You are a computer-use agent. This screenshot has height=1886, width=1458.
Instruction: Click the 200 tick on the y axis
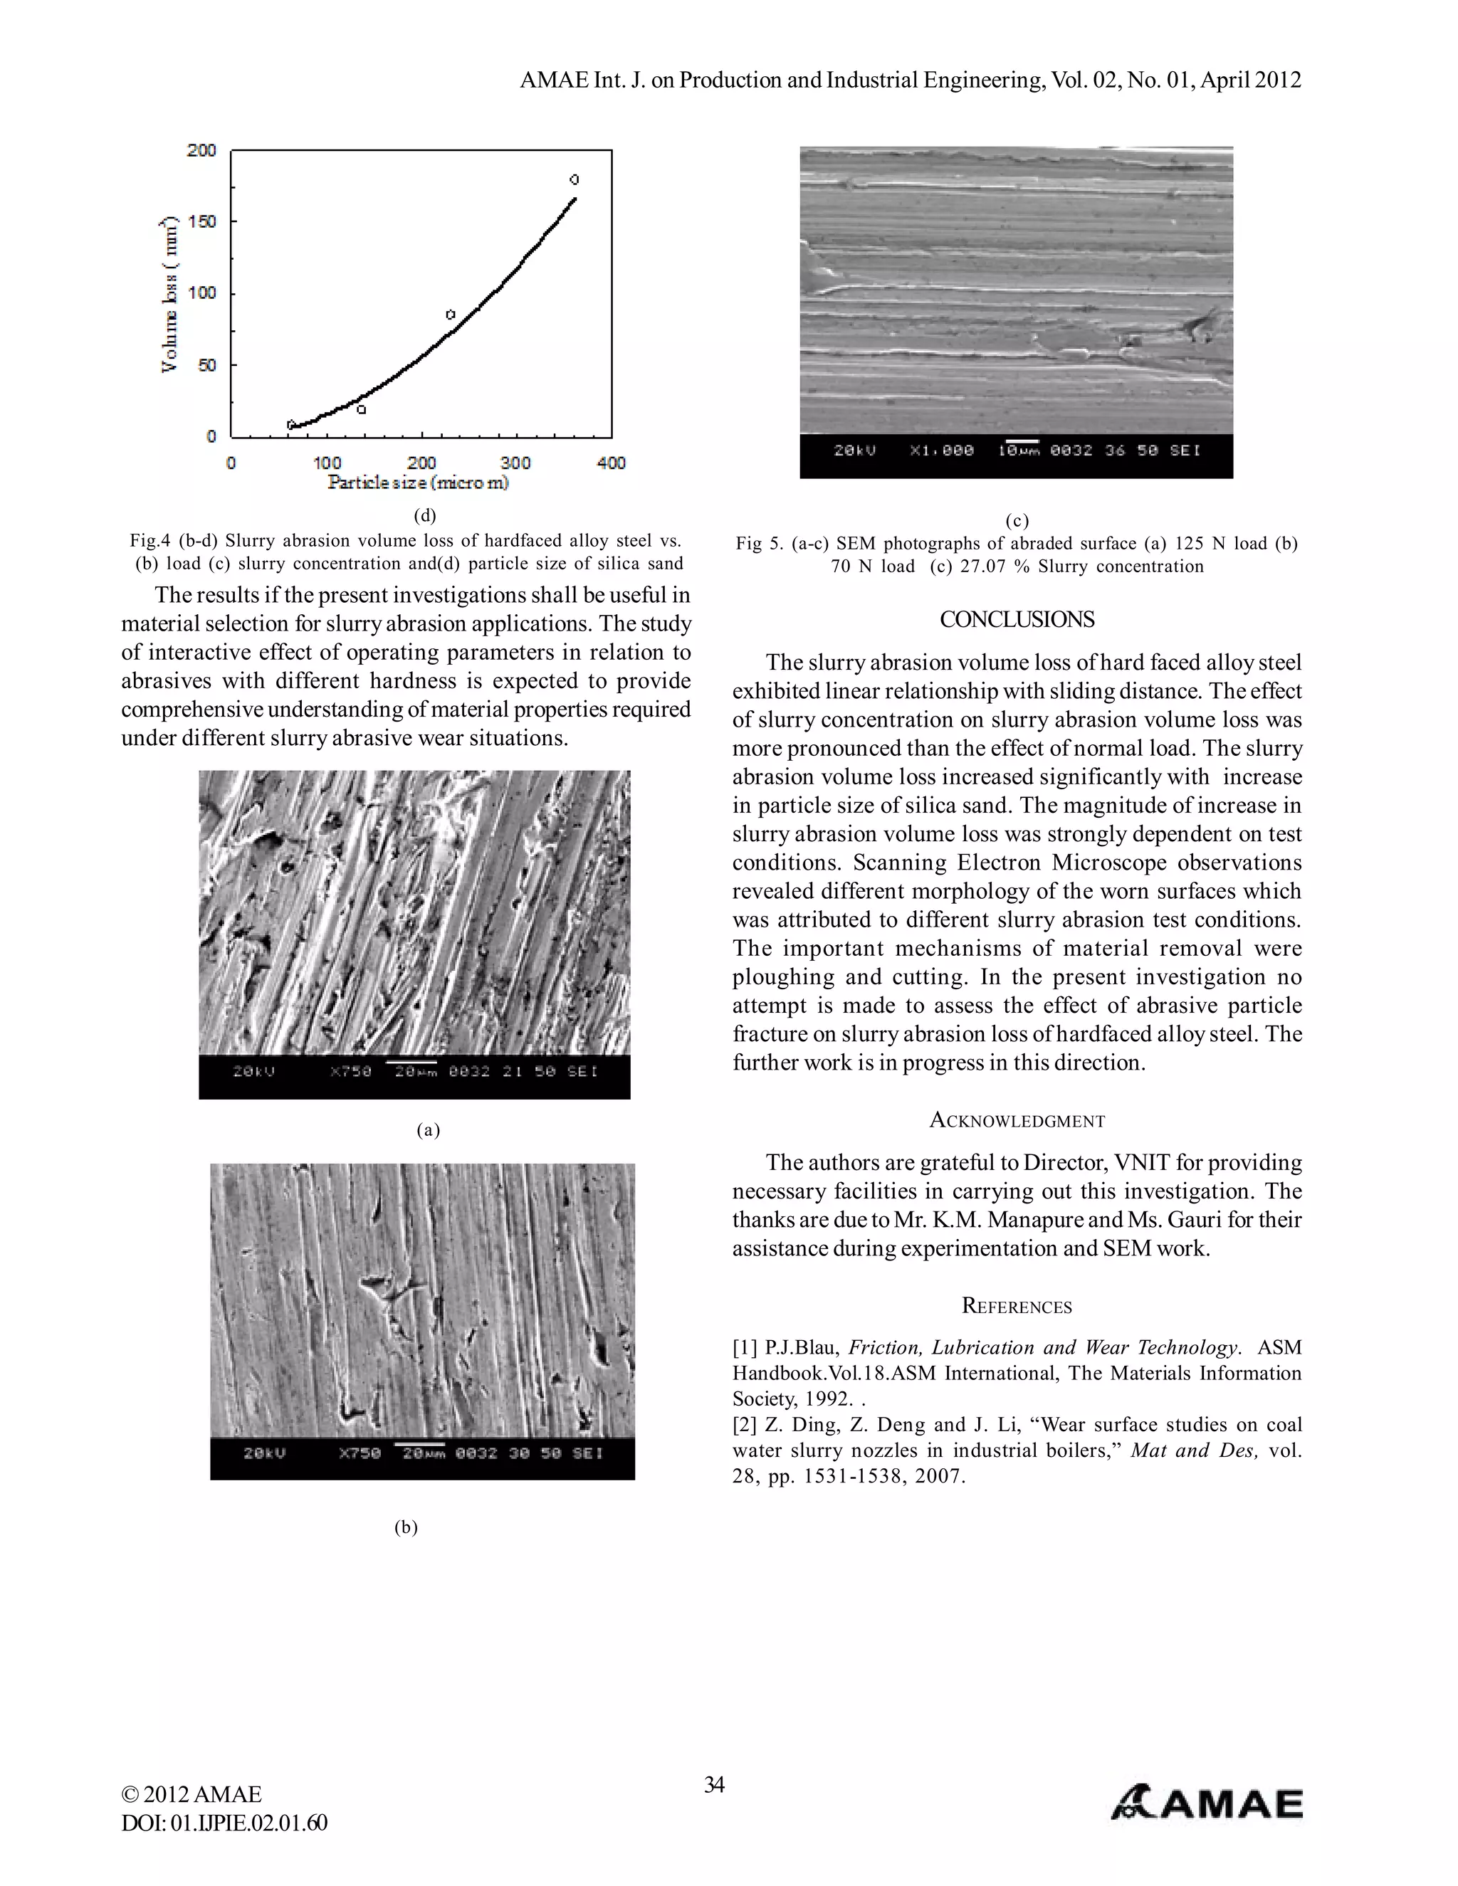click(201, 150)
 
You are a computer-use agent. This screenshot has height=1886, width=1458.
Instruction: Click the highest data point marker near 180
click(575, 179)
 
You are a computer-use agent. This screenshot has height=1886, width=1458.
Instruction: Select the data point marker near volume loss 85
click(450, 315)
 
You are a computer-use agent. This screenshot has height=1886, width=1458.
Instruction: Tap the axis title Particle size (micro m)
click(418, 483)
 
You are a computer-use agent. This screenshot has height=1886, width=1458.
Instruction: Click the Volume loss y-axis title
click(170, 294)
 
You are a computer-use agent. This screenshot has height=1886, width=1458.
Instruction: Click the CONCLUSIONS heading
click(1017, 620)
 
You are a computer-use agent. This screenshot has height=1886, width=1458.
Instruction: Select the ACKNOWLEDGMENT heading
click(1017, 1121)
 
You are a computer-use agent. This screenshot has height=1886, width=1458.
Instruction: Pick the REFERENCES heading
click(1017, 1307)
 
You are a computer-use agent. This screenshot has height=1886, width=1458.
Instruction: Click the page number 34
click(713, 1784)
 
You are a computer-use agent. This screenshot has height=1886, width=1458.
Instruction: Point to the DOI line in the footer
click(224, 1823)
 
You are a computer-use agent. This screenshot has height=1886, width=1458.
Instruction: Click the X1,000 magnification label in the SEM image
click(941, 451)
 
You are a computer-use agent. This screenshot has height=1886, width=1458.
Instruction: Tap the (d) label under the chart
click(425, 515)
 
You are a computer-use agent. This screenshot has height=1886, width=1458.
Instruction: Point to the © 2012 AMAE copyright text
click(192, 1794)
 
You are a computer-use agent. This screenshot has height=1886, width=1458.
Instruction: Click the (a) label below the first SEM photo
click(429, 1130)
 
